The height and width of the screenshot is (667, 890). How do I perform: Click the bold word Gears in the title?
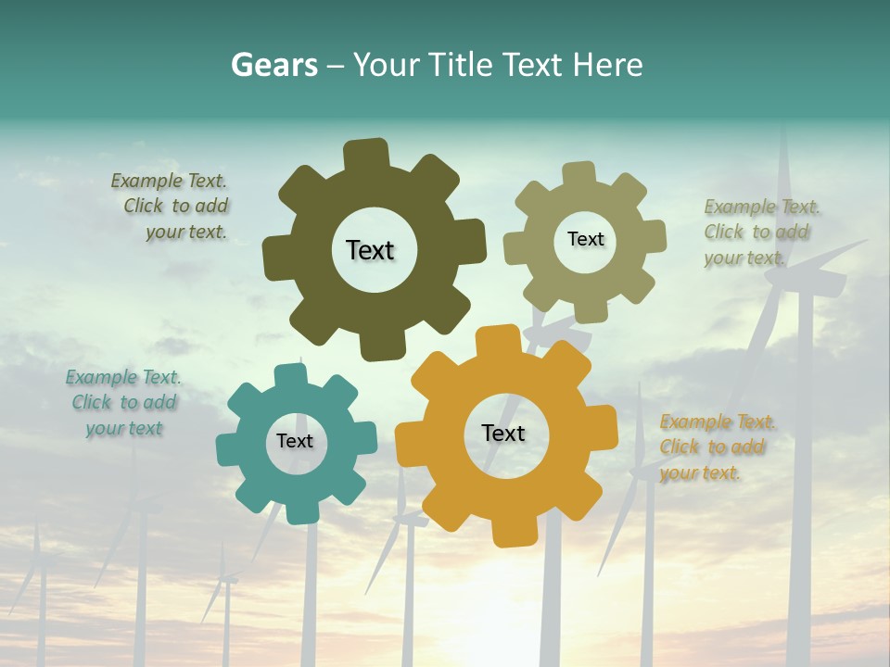[x=274, y=65]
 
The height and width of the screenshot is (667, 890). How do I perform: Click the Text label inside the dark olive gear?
[x=370, y=250]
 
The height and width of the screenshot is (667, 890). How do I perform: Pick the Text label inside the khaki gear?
[x=585, y=239]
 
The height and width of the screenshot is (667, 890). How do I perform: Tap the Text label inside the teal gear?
[x=295, y=441]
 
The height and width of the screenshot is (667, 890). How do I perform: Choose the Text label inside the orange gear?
[x=503, y=433]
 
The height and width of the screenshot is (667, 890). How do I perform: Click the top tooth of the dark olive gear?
[x=366, y=153]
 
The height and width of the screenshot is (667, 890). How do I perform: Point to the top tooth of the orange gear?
[x=499, y=339]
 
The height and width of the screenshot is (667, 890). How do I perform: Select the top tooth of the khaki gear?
[x=578, y=173]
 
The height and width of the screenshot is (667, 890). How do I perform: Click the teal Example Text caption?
[x=123, y=403]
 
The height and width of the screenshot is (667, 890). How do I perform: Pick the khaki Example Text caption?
[x=760, y=233]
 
